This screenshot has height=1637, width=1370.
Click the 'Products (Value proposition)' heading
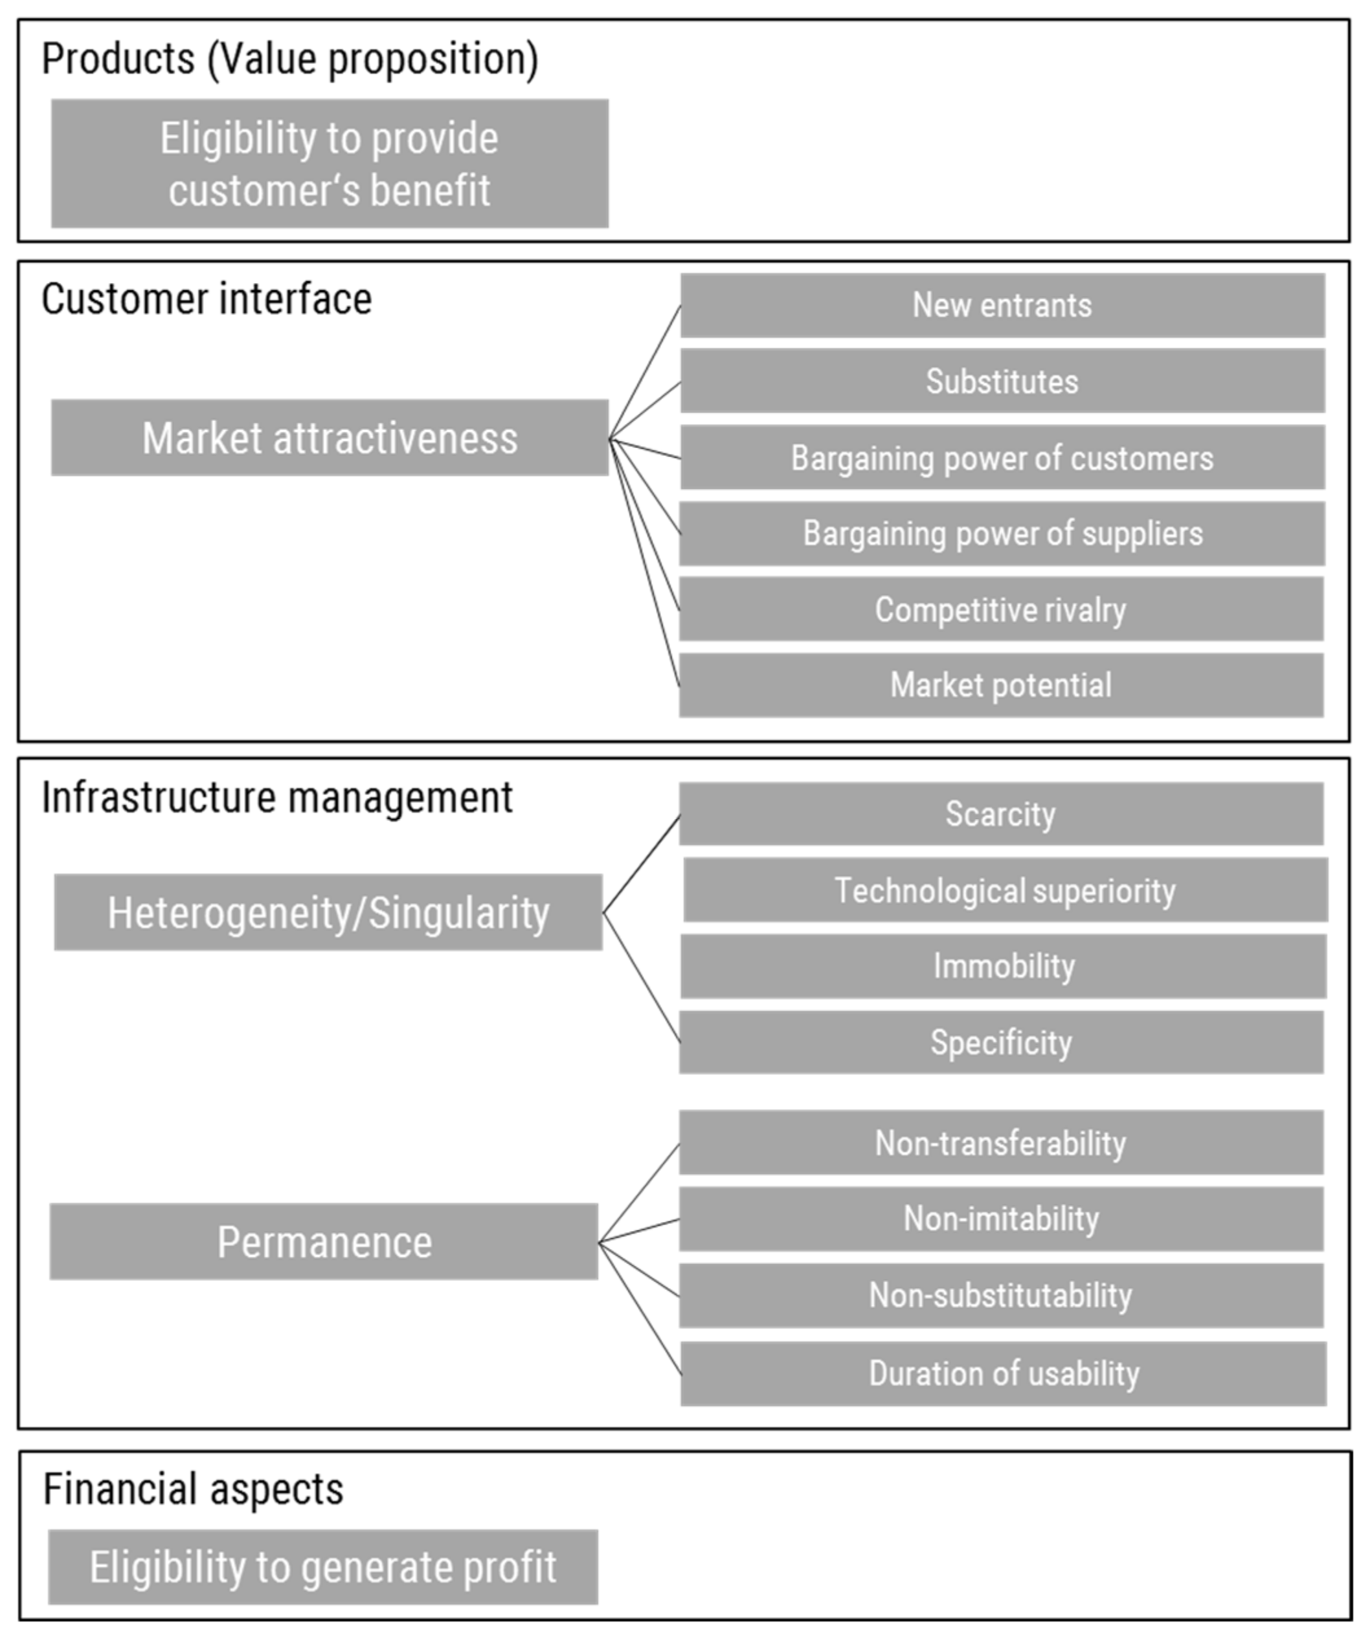[x=290, y=59]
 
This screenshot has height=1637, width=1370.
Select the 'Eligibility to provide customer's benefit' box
[x=330, y=164]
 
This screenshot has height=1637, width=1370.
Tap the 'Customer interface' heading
[x=207, y=299]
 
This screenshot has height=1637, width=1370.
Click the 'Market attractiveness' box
[x=330, y=438]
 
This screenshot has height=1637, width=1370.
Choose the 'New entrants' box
[x=1002, y=306]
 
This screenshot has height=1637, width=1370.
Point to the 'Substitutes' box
[x=1002, y=381]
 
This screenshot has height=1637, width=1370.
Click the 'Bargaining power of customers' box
[x=1002, y=458]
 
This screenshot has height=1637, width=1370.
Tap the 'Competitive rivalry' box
[x=1000, y=609]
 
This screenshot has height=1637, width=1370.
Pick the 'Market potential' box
[x=1000, y=685]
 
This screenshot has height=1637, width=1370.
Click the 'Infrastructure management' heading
[x=276, y=798]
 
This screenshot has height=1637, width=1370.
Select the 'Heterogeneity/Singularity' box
[x=328, y=913]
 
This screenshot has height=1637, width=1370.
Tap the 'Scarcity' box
[x=1000, y=814]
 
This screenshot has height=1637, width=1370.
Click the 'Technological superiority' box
[x=1005, y=890]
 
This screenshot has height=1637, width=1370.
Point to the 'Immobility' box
[x=1004, y=966]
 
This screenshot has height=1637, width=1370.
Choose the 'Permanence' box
[x=324, y=1243]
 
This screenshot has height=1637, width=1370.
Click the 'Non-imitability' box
[x=1000, y=1219]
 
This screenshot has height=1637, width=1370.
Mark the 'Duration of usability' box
[x=1004, y=1373]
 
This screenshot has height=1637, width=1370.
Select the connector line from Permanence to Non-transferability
[x=639, y=1193]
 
